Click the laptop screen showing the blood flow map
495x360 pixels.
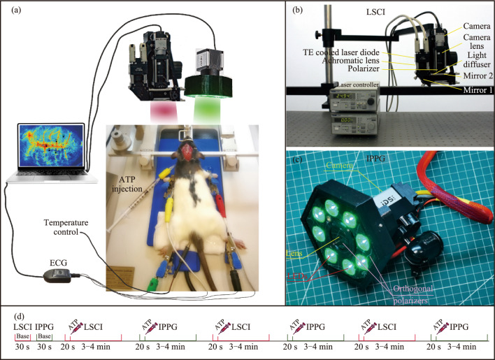52,150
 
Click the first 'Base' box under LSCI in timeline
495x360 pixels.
22,336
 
